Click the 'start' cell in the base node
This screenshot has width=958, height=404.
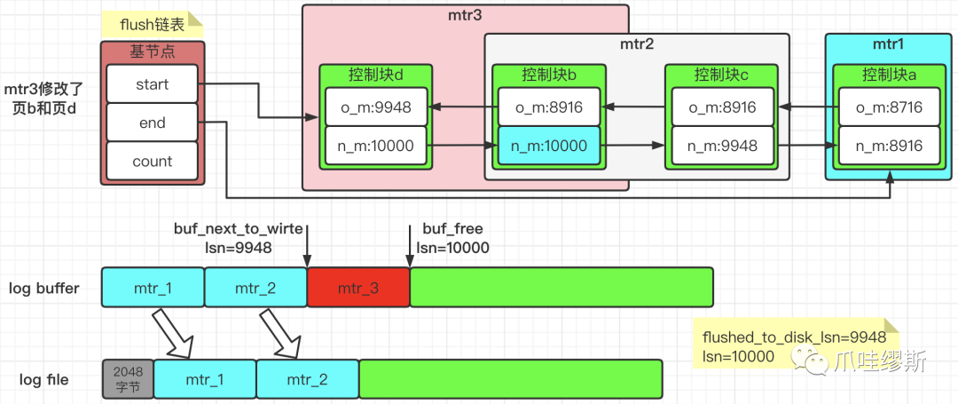tap(152, 85)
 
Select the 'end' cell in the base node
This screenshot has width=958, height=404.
tap(152, 123)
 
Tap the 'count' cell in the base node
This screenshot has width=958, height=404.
tap(152, 162)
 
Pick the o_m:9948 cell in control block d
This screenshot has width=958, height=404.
tap(375, 107)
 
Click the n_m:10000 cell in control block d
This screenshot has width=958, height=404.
tap(375, 146)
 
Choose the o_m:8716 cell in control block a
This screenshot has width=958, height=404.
tap(888, 107)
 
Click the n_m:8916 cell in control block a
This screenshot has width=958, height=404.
tap(888, 146)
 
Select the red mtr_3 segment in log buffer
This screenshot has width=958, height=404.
tap(358, 288)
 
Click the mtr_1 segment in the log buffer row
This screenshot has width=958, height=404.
tap(153, 288)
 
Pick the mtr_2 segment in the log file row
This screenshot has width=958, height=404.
tap(308, 379)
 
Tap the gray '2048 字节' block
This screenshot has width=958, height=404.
tap(128, 379)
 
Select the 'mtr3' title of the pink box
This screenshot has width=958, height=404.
tap(464, 16)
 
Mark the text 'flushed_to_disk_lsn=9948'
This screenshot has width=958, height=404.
tap(794, 337)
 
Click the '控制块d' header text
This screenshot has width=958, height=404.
tap(375, 75)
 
